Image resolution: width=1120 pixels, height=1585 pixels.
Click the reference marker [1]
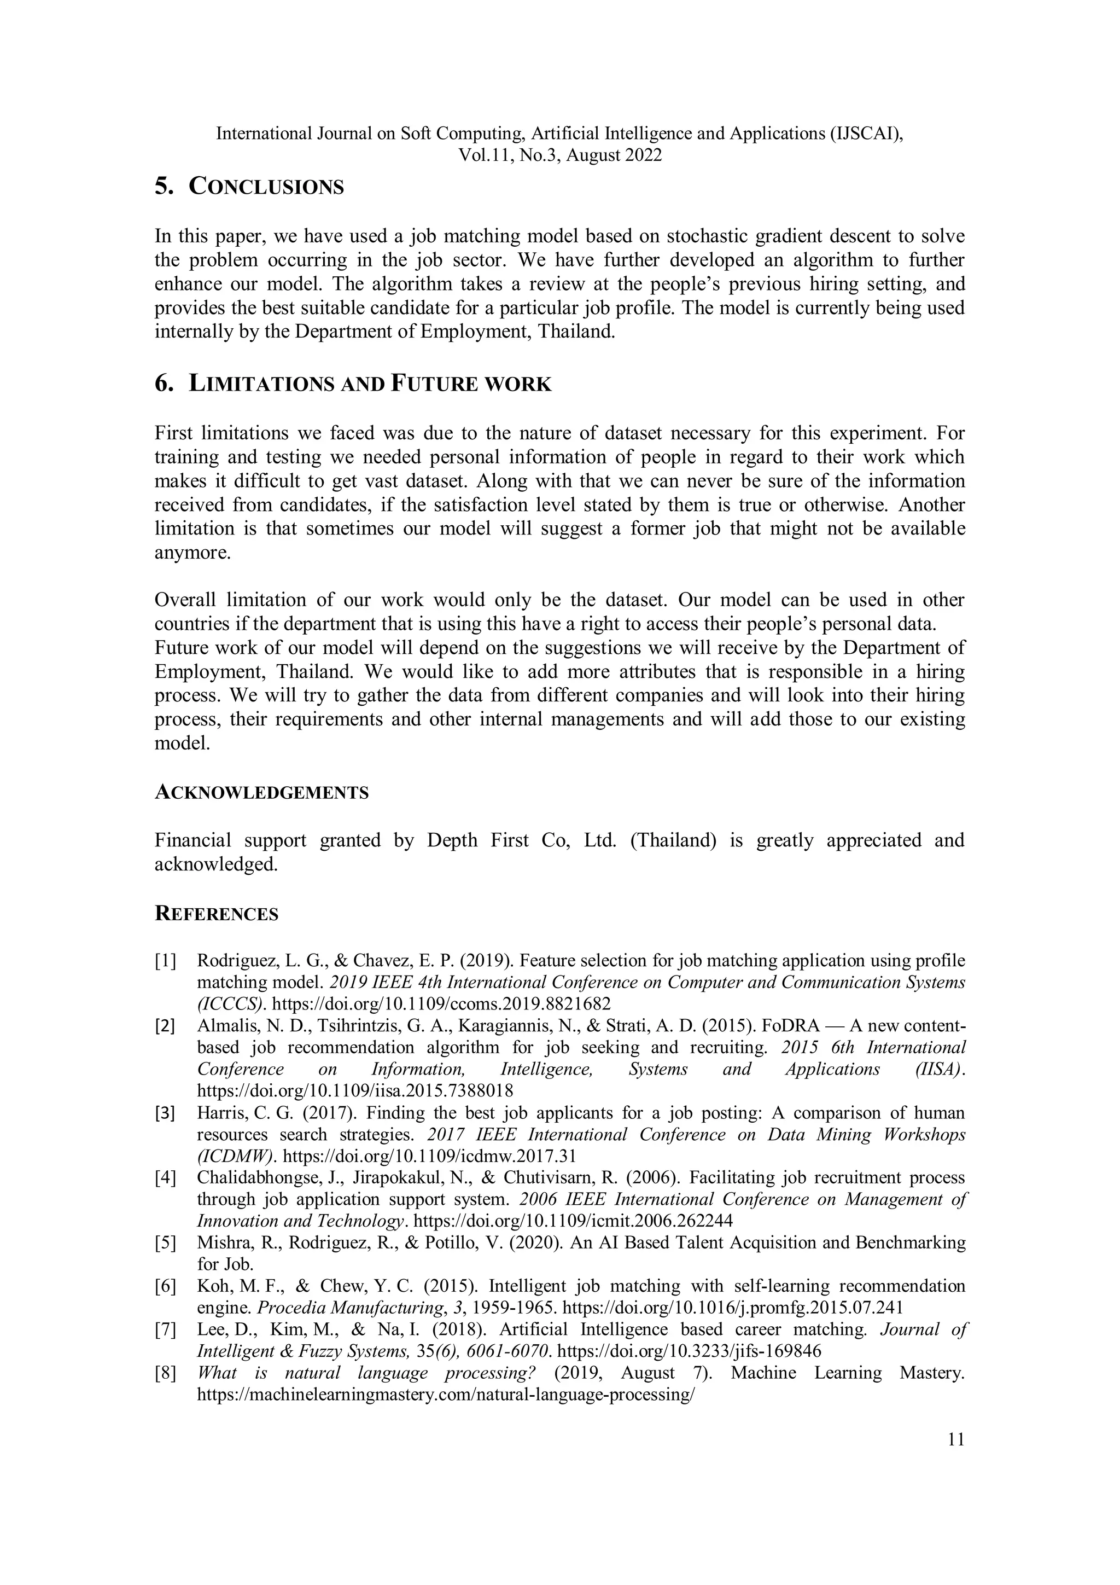[166, 961]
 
